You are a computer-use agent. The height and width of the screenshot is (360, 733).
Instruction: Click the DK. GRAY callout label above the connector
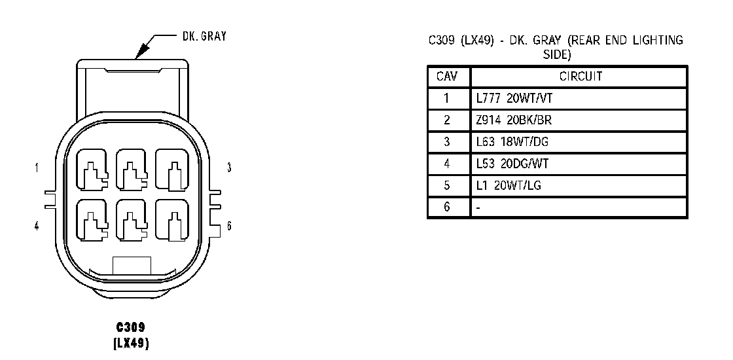[204, 37]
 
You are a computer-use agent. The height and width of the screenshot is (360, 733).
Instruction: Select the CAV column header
[448, 77]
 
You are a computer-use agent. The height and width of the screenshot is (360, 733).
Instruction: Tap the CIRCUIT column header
[581, 77]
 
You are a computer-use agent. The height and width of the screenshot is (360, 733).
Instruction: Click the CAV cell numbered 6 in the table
[448, 207]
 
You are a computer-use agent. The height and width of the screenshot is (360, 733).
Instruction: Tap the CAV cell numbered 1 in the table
[448, 99]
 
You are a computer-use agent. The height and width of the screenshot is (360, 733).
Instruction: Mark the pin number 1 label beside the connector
[37, 168]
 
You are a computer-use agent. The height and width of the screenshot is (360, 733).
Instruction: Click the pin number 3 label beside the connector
[229, 168]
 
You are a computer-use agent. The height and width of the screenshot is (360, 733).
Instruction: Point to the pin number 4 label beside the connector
[37, 226]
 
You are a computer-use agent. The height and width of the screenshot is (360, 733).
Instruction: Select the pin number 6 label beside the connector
[229, 226]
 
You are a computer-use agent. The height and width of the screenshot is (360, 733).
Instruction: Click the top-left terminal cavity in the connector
[94, 170]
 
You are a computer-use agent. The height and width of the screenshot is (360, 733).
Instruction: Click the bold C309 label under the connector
[131, 327]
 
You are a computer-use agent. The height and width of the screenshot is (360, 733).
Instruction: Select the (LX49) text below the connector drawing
[131, 342]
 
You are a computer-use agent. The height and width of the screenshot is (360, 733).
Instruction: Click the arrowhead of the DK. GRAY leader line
[139, 52]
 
